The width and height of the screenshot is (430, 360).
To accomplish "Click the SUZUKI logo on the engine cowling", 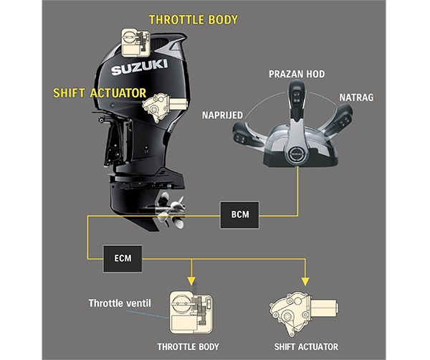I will click(139, 70).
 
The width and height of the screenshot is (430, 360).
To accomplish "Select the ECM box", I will click(120, 254).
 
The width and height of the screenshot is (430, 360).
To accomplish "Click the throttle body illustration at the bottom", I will click(188, 313).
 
